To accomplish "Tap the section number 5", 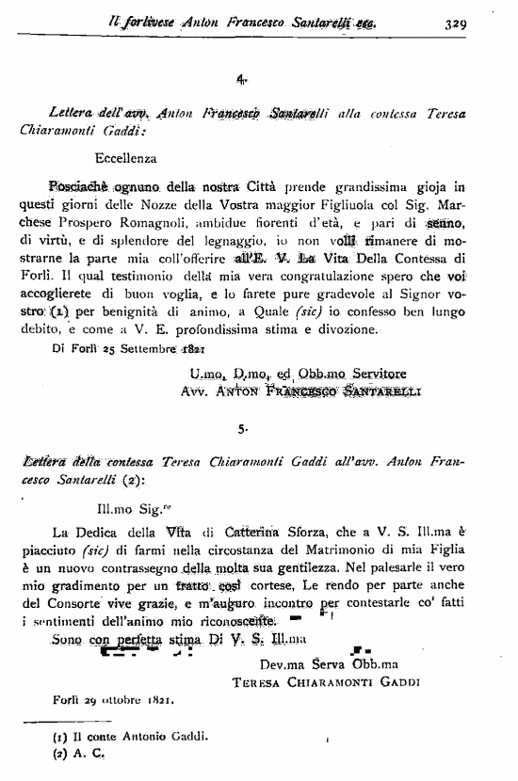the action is pos(242,429).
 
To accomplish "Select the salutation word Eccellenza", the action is pos(126,160).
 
